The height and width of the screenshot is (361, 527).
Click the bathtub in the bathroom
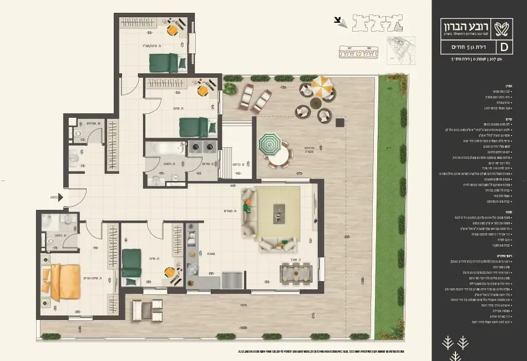tap(165, 148)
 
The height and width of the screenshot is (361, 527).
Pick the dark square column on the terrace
tap(338, 122)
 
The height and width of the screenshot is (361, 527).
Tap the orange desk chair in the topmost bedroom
tap(173, 30)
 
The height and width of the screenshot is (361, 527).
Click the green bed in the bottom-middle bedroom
tap(131, 262)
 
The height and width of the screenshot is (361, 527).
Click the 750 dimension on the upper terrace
tap(283, 88)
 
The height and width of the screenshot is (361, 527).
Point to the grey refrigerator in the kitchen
tap(232, 280)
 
